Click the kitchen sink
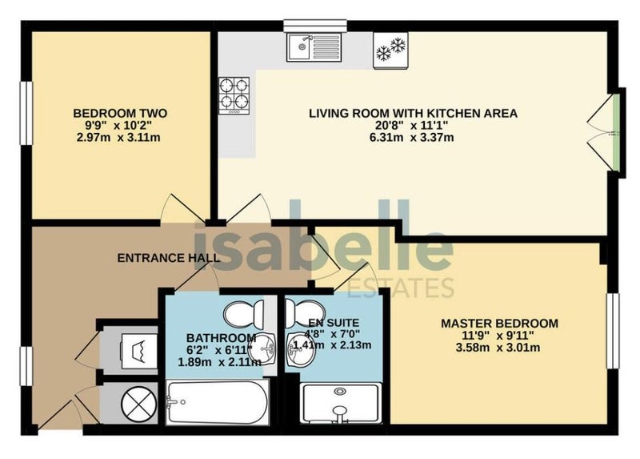tap(314, 47)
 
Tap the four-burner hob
tap(234, 95)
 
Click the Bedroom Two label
tap(120, 113)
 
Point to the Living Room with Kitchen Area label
tap(413, 113)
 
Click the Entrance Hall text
tap(169, 258)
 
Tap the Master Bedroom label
tap(499, 324)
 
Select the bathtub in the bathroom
tap(218, 403)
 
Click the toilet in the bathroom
tap(245, 314)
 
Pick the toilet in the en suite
tap(305, 312)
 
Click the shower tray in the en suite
tap(340, 404)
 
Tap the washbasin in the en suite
tap(300, 349)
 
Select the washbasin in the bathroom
tap(262, 349)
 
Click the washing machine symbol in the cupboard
tap(138, 351)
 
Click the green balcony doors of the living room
tap(616, 132)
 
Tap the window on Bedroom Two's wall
tap(26, 113)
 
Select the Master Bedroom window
tap(613, 331)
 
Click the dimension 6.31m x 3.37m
tap(411, 137)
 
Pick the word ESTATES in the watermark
tap(400, 288)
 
